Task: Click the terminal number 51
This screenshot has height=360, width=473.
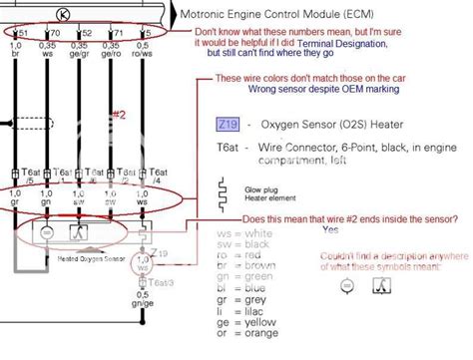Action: click(x=21, y=33)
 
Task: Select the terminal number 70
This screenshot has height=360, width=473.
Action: click(x=53, y=33)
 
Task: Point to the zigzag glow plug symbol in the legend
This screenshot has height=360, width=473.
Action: click(x=225, y=189)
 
